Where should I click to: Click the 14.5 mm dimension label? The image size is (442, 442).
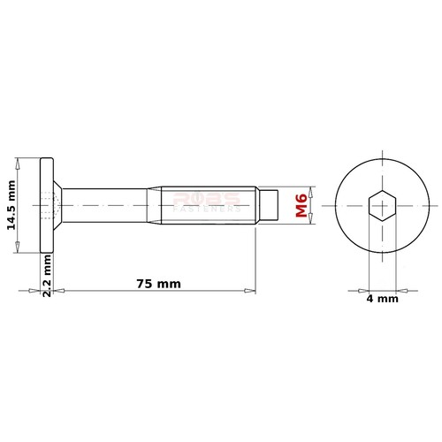point(11,206)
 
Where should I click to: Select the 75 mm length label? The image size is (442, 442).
point(158,284)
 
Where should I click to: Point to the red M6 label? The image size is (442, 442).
point(302,205)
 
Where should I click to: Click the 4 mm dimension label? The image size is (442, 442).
point(382,299)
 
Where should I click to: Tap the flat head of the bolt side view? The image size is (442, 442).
point(47,206)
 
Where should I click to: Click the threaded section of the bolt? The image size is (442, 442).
point(208,206)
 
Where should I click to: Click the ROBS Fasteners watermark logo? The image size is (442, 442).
point(205,202)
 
